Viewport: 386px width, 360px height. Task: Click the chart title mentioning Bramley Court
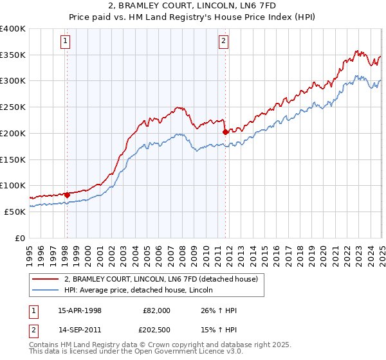click(192, 6)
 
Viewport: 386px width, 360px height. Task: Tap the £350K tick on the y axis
click(13, 55)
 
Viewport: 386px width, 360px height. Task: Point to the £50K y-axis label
click(15, 212)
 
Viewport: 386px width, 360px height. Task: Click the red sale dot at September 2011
click(225, 132)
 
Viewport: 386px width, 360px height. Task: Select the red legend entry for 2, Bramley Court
click(161, 279)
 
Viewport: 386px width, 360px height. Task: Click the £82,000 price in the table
click(156, 310)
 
